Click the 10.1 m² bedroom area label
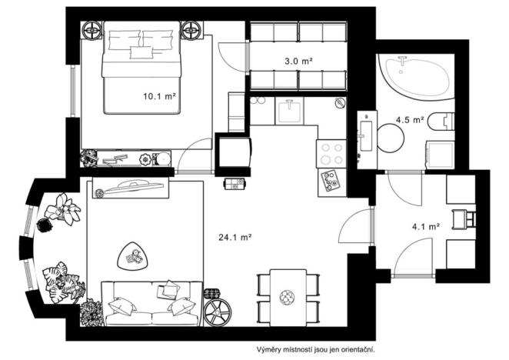(x=160, y=97)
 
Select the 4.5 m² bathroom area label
(x=410, y=120)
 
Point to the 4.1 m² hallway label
(x=425, y=227)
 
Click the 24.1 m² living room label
(x=236, y=238)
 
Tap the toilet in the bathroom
(x=444, y=122)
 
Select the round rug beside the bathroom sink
(x=391, y=139)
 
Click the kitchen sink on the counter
(x=291, y=111)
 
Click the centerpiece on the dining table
(x=288, y=296)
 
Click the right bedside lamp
(x=191, y=32)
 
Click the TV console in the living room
(x=128, y=189)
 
